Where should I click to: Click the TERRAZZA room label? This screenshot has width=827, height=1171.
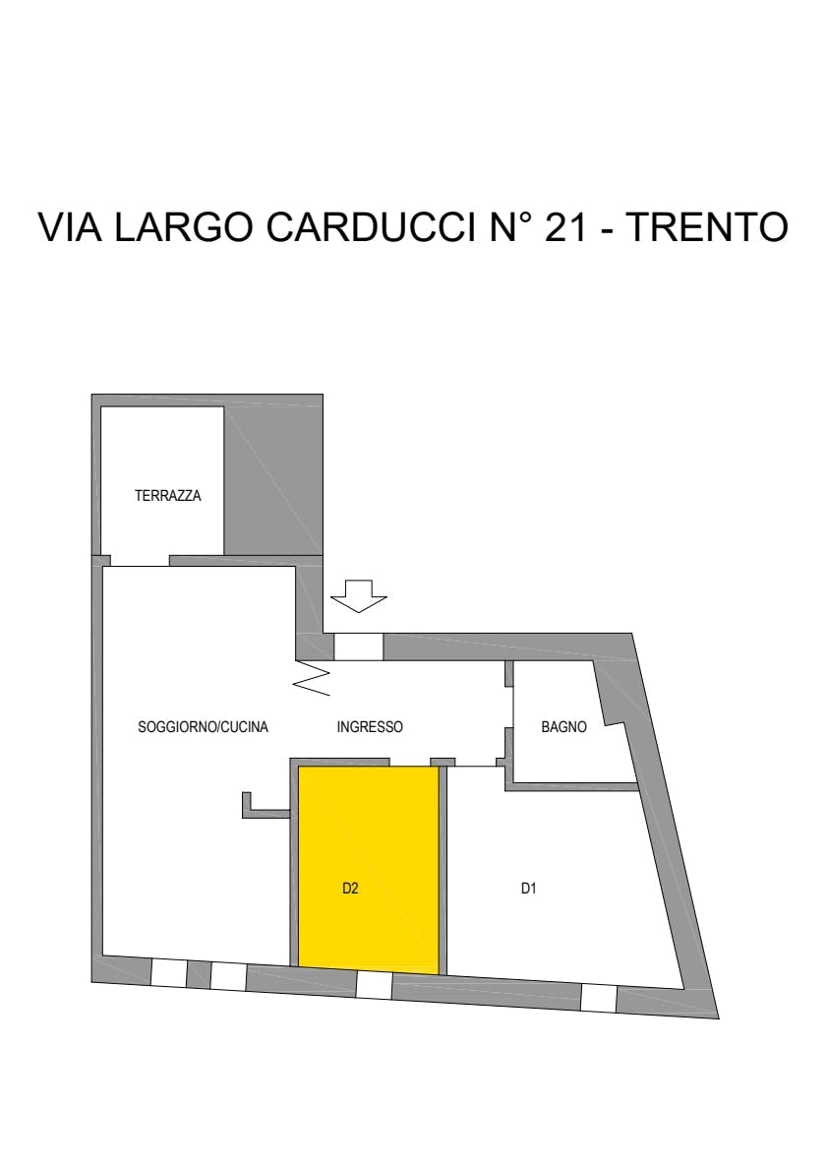(x=168, y=495)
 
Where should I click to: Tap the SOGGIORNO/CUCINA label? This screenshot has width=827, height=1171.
(x=203, y=726)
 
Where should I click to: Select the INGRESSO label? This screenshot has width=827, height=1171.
(x=370, y=726)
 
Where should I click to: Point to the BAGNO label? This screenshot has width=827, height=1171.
(x=564, y=726)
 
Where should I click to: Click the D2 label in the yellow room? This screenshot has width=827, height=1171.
(x=351, y=889)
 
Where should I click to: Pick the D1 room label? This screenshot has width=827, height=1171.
(x=528, y=889)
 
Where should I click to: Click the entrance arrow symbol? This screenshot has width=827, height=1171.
(x=359, y=596)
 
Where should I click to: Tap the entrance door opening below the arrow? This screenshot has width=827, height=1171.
(x=358, y=647)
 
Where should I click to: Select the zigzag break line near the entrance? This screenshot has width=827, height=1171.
(x=314, y=677)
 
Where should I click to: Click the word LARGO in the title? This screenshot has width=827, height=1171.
(x=184, y=227)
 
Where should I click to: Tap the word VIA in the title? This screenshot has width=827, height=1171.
(x=70, y=227)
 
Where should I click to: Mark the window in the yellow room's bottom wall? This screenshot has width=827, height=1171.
(x=374, y=985)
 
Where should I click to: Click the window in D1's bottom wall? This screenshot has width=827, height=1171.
(x=599, y=998)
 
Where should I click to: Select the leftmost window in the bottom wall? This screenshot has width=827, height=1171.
(x=169, y=972)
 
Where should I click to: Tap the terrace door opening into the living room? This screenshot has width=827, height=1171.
(x=140, y=561)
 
